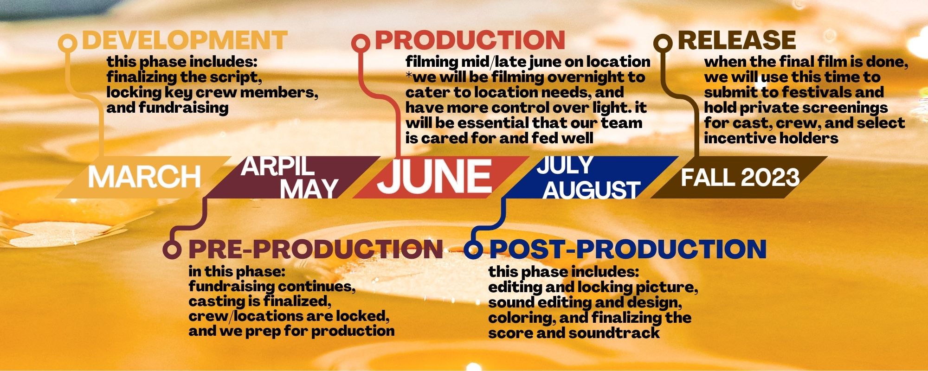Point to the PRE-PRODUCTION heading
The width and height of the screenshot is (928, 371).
(316, 249)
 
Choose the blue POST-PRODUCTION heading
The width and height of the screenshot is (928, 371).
(628, 249)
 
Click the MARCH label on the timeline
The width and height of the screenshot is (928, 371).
(144, 177)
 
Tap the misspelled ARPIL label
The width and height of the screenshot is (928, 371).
(277, 166)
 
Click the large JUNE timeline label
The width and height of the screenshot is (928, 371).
(434, 177)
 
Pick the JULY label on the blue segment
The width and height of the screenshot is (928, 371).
(565, 165)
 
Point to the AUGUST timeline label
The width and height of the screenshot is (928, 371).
(592, 189)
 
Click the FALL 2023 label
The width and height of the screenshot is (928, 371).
(740, 178)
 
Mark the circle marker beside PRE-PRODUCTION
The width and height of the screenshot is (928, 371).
(172, 249)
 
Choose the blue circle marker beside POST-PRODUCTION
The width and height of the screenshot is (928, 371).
(473, 249)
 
